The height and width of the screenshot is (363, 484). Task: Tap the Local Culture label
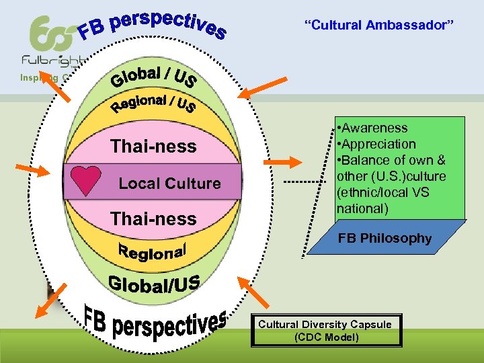click(169, 184)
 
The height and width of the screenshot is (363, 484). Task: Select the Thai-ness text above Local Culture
click(153, 147)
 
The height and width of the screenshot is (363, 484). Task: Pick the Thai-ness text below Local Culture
click(153, 218)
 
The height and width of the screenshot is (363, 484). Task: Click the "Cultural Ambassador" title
click(380, 25)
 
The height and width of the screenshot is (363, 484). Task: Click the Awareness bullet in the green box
click(374, 128)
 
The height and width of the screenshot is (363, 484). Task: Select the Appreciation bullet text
click(378, 144)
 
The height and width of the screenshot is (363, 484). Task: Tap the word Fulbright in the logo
click(50, 61)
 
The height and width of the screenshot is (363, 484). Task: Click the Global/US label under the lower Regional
click(155, 283)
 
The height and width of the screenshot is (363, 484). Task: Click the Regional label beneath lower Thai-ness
click(153, 250)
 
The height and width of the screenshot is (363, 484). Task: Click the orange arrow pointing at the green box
click(290, 162)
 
